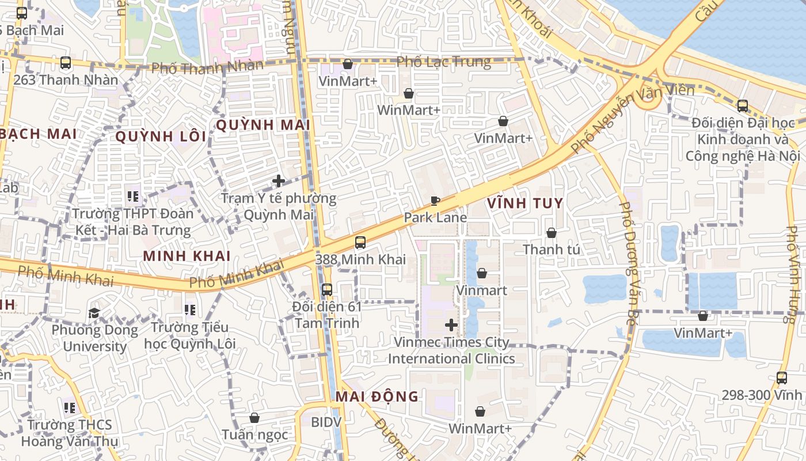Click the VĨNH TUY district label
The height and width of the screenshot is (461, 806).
coord(524,203)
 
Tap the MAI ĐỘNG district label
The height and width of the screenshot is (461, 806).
coord(377,396)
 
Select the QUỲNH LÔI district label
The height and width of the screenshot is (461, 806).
coord(161,137)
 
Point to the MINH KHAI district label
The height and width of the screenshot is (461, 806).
coord(187,256)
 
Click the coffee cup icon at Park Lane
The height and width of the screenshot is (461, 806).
coord(435,201)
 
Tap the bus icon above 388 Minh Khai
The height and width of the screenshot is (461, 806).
coord(360,243)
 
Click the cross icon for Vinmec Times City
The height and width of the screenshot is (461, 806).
coord(451,326)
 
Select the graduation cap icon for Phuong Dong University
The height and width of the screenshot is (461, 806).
coord(94,313)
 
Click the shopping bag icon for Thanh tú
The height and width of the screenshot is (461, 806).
coord(552,233)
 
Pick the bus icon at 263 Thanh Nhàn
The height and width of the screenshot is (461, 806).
coord(66,63)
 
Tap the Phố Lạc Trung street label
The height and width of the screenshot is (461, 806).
coord(444,62)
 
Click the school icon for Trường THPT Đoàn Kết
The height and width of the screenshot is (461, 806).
coord(134,197)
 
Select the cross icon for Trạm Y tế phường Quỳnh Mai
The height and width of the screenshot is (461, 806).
coord(279,181)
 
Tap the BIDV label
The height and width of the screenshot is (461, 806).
coord(326,422)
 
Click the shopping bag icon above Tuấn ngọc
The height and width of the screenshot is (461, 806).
coord(254,418)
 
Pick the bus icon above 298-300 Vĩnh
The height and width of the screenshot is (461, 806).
coord(782,379)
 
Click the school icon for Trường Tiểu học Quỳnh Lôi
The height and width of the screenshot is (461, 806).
coord(191,311)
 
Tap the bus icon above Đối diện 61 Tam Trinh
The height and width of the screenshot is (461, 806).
coord(327,289)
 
